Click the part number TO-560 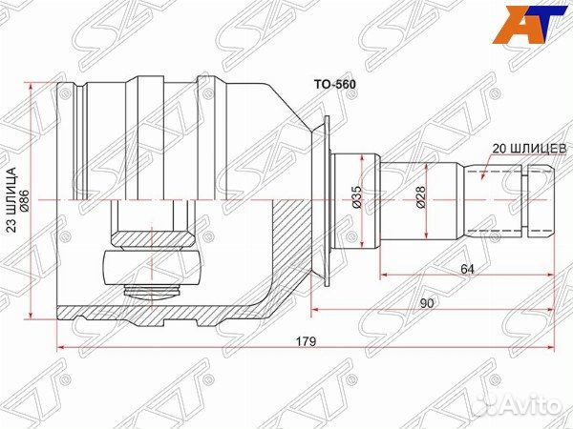click(335, 84)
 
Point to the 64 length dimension click(467, 270)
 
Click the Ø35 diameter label click(356, 197)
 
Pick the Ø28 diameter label click(420, 197)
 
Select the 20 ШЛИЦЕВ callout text click(530, 149)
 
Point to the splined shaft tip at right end click(539, 200)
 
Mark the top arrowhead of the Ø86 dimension click(33, 86)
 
